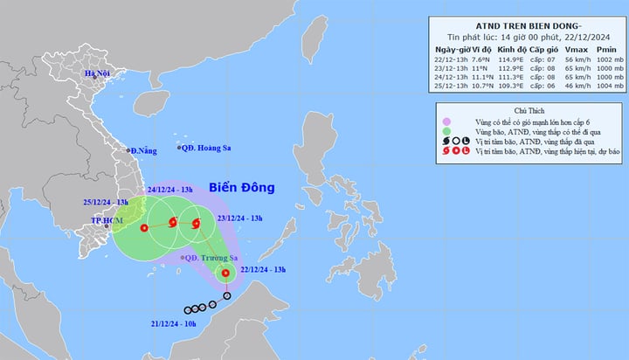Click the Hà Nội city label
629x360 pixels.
click(x=99, y=73)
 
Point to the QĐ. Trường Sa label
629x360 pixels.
click(x=210, y=258)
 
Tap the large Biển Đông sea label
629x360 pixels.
click(x=241, y=188)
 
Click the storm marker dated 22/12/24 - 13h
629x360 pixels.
click(x=225, y=273)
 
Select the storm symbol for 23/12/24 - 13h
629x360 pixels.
click(x=196, y=224)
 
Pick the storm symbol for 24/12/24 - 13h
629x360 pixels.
click(x=172, y=224)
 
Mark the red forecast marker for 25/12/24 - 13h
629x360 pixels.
click(x=143, y=228)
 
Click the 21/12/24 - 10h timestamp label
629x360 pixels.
click(x=176, y=324)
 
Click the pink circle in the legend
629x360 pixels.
click(x=446, y=121)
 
